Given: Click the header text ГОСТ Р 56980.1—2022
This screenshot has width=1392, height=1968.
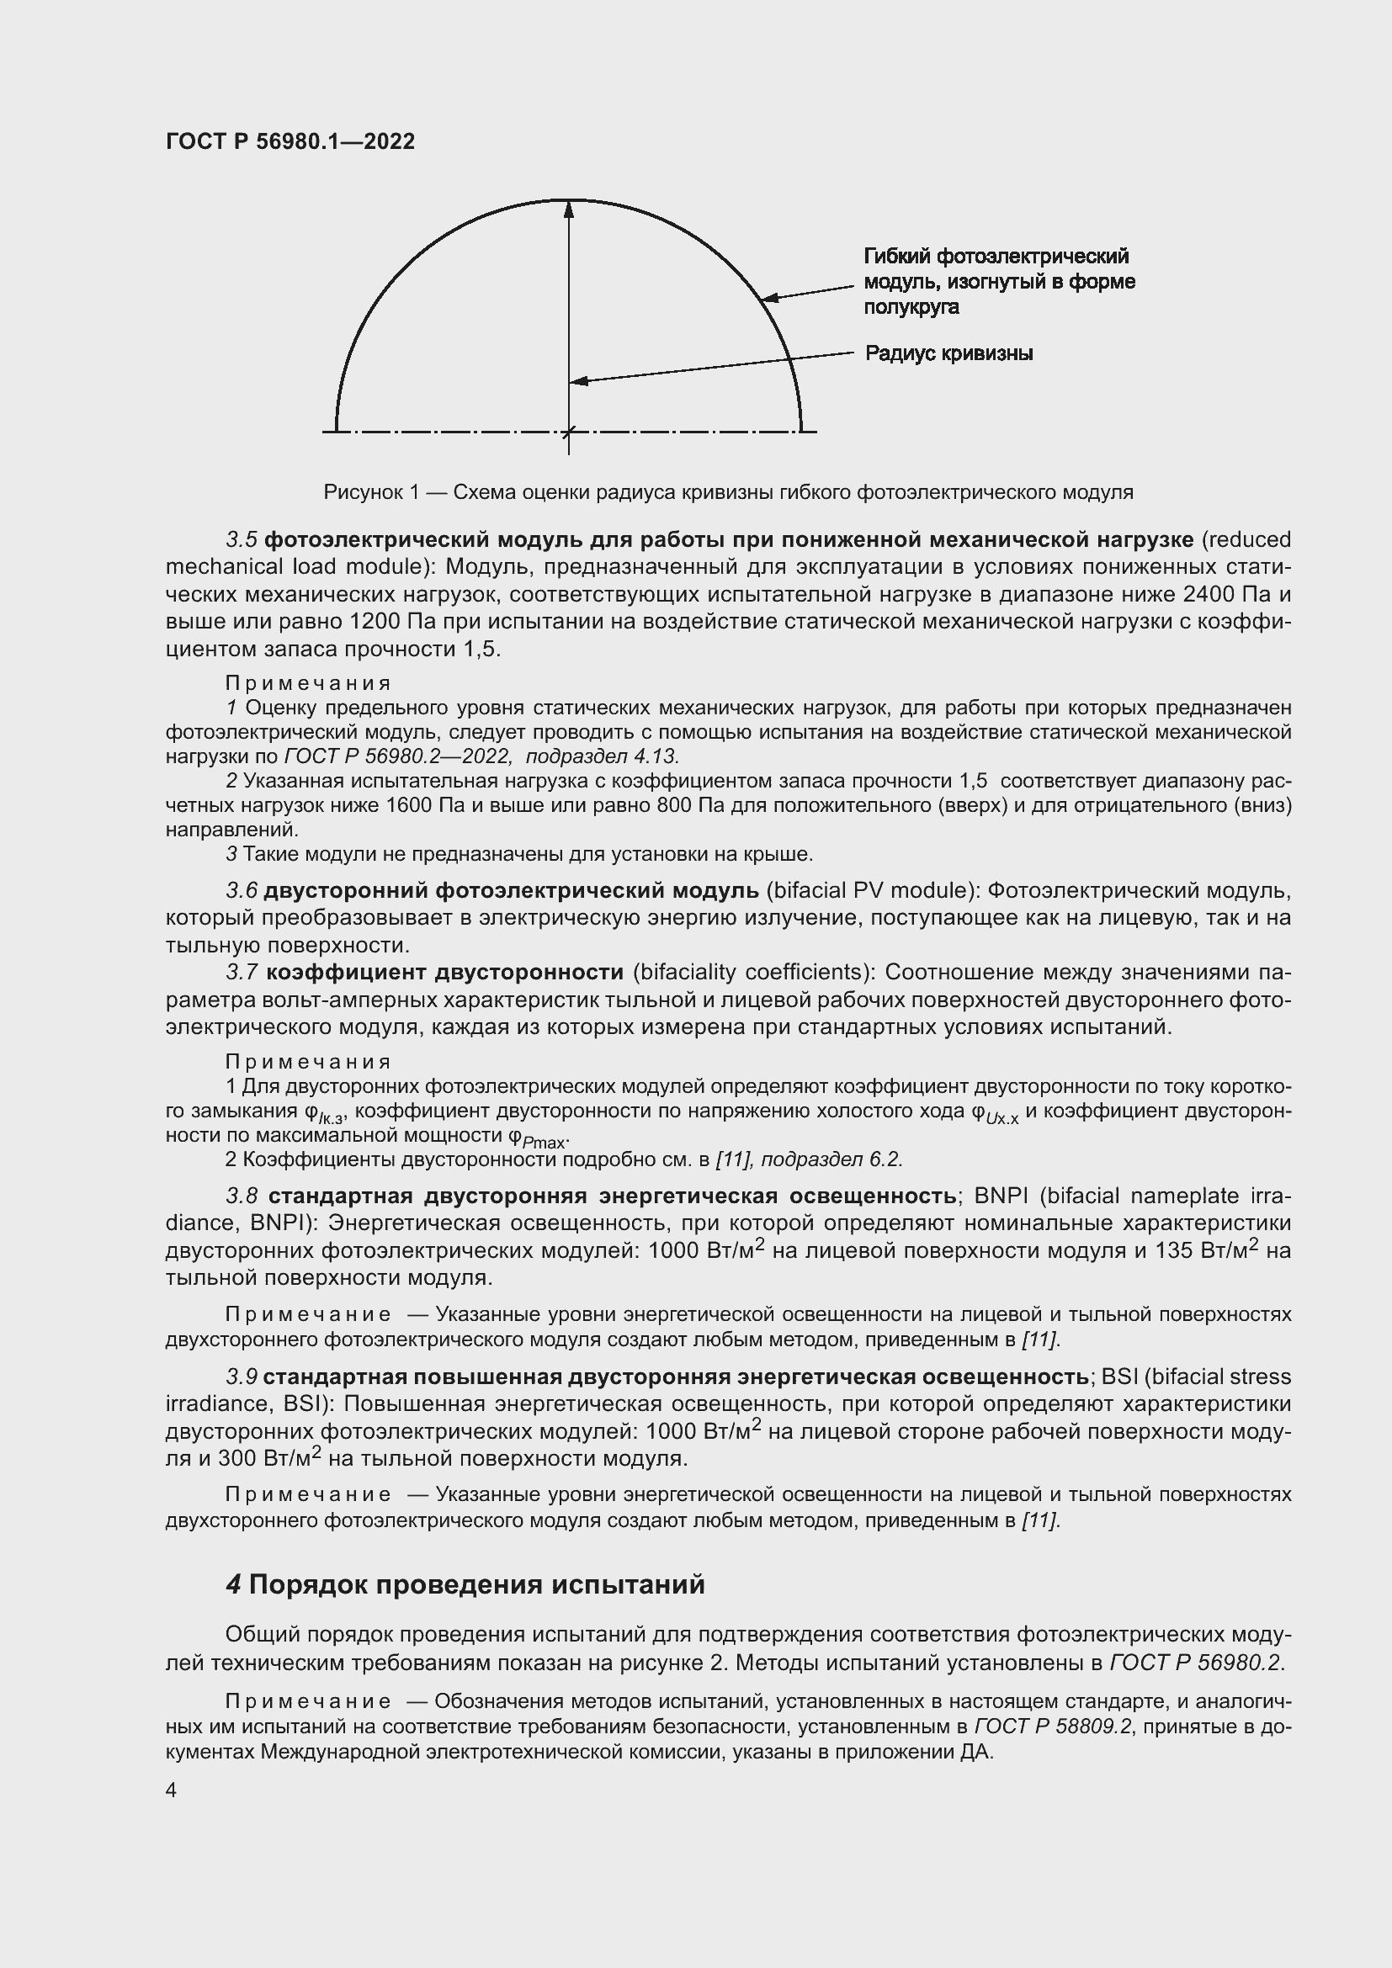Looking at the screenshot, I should point(290,141).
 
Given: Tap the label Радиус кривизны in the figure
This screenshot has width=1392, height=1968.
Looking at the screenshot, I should point(948,353).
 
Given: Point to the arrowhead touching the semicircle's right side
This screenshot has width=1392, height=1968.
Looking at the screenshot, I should point(769,297).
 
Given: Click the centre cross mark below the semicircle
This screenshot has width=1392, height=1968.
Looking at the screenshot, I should point(568,431).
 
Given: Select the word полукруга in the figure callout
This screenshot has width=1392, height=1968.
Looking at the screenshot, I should point(911,307).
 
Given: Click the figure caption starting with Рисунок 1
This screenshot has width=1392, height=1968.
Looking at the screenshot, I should point(728,492).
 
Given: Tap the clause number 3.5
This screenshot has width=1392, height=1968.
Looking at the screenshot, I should point(241,540).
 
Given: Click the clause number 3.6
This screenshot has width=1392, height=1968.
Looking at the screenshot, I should point(241,891).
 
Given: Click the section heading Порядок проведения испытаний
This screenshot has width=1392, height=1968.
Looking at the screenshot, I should point(476,1585).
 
